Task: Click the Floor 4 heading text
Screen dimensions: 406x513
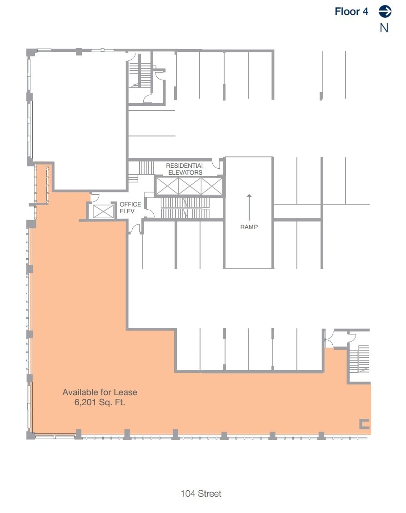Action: pos(351,11)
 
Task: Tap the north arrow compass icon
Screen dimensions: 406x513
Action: pos(385,11)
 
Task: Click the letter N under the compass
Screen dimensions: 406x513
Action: pos(384,28)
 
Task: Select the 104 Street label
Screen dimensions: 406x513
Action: pos(201,493)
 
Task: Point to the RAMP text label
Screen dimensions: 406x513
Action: pos(249,227)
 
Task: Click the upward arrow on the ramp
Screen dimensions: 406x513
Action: pos(249,207)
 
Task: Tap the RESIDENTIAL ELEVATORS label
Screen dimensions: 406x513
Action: pos(185,169)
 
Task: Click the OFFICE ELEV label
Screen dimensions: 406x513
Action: pos(130,208)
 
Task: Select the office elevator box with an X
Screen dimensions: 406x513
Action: pos(103,211)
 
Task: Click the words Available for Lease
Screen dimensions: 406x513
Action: pos(100,392)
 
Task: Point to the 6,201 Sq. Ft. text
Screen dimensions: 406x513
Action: pos(100,402)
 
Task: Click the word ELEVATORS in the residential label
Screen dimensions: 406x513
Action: pos(185,172)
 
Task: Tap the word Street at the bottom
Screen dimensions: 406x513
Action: pos(210,493)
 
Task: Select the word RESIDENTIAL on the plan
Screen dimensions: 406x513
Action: pos(185,166)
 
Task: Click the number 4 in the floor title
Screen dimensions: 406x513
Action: pos(365,11)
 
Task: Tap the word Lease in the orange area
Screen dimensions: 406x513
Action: pos(125,392)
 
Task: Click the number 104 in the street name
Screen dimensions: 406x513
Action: pos(188,493)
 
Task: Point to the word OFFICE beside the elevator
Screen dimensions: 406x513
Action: pos(130,204)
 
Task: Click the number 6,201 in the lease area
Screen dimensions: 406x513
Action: pos(85,402)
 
